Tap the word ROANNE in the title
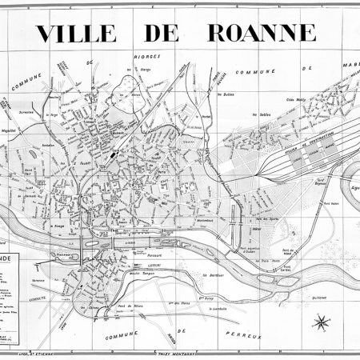(262, 33)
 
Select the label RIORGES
(149, 57)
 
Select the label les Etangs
(146, 71)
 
